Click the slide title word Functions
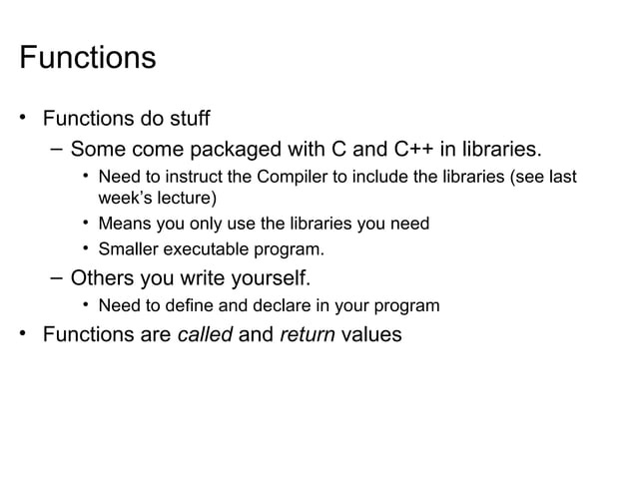(x=88, y=57)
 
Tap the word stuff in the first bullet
(x=186, y=120)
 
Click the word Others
(x=106, y=275)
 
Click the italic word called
(x=204, y=335)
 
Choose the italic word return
(x=307, y=335)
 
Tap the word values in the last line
(x=371, y=335)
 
